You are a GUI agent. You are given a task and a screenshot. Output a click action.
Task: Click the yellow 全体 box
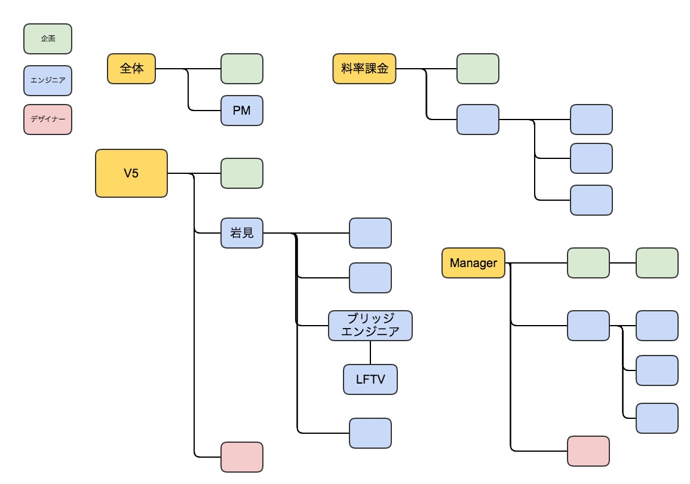click(131, 69)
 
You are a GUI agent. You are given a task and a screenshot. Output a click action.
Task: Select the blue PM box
click(241, 111)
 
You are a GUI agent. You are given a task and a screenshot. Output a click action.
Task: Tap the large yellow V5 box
click(131, 173)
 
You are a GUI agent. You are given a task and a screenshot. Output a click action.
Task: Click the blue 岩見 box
click(241, 233)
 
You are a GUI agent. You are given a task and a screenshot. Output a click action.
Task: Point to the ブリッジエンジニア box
click(370, 326)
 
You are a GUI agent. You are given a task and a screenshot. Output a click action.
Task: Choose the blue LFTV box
click(370, 379)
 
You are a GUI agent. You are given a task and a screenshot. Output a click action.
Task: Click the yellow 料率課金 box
click(364, 69)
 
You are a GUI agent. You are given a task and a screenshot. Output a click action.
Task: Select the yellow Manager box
click(473, 263)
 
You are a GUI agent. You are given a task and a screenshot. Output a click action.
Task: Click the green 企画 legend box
click(48, 39)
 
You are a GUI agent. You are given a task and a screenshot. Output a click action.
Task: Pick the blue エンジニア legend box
click(48, 81)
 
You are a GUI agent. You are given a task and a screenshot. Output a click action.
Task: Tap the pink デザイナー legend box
click(48, 120)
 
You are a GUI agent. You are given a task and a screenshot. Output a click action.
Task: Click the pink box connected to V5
click(241, 457)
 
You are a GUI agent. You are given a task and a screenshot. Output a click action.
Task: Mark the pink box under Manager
click(588, 451)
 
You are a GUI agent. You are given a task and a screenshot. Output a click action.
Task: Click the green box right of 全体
click(241, 69)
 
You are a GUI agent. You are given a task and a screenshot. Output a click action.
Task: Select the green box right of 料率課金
click(477, 69)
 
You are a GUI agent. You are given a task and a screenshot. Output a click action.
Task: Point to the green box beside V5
click(241, 173)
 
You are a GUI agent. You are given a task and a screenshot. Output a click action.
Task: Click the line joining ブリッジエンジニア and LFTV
click(370, 353)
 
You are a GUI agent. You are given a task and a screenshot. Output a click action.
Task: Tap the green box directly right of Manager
click(588, 263)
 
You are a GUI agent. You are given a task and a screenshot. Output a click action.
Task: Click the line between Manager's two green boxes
click(622, 263)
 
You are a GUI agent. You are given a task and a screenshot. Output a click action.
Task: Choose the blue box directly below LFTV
click(370, 433)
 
